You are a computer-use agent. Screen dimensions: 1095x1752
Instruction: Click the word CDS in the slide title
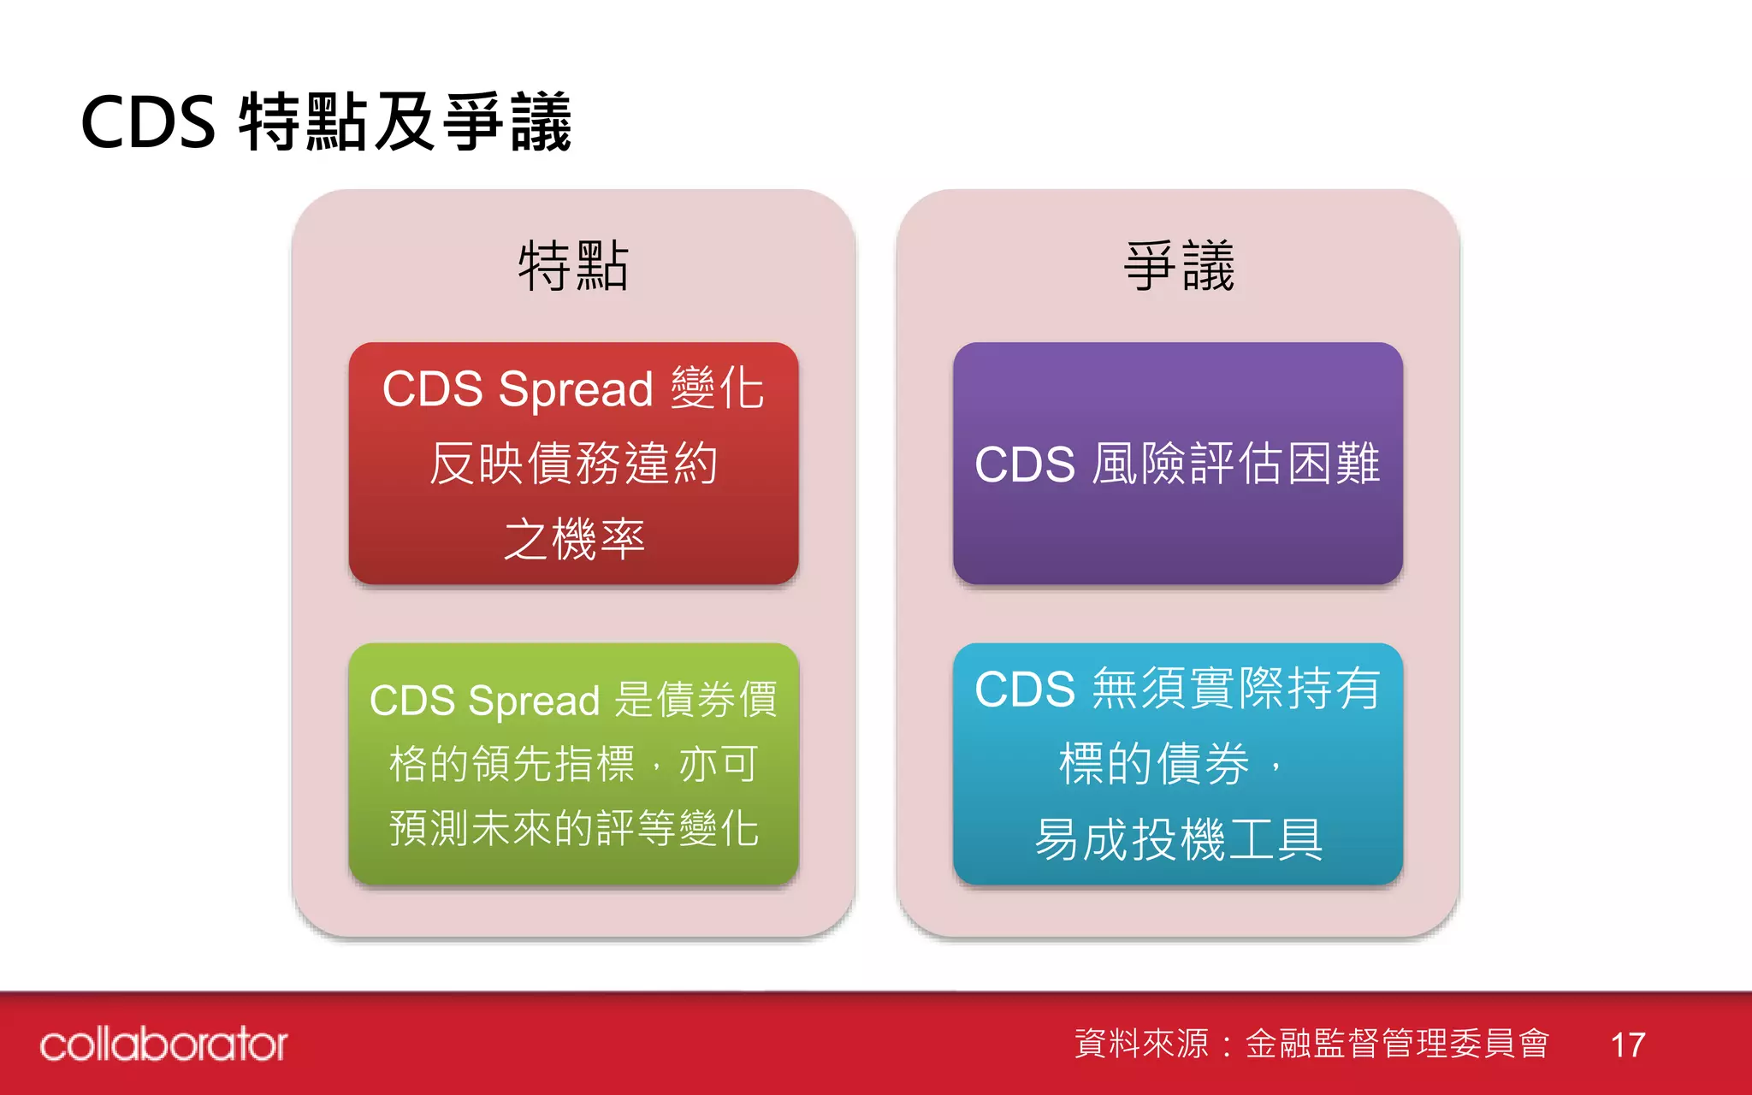[148, 122]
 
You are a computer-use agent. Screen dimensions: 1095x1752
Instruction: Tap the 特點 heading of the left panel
[573, 266]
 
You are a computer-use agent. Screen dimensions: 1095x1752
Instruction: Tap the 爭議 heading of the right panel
[1178, 266]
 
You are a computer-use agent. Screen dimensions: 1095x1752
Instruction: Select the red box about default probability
[573, 463]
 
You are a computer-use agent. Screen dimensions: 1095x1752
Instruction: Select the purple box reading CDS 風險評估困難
[1178, 463]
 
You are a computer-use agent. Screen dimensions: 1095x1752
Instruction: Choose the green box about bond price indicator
[573, 763]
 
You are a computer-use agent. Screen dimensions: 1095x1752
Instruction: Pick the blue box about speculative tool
[1178, 763]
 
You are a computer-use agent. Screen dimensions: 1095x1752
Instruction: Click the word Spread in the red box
[576, 390]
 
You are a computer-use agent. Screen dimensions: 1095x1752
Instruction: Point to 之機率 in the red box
[573, 539]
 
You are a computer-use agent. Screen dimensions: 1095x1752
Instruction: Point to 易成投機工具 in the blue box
[1178, 839]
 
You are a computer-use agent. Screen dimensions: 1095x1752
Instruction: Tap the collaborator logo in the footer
[163, 1044]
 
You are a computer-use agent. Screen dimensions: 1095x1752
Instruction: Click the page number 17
[1627, 1045]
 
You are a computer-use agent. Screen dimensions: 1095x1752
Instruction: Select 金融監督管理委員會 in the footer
[1397, 1044]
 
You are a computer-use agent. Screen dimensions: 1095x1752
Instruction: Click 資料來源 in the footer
[1141, 1044]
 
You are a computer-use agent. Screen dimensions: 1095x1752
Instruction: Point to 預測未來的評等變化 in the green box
[573, 827]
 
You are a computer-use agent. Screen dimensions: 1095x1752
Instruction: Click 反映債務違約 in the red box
[573, 464]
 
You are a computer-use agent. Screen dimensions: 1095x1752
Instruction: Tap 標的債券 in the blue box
[1154, 763]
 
